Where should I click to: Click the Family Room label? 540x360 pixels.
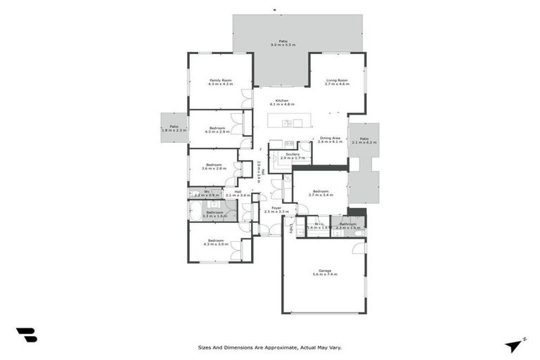coord(220,82)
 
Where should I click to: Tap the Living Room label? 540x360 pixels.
coord(337,82)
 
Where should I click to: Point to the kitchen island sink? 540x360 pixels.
coord(287,124)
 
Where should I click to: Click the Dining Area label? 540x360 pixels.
coord(330,139)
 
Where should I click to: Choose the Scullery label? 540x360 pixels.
coord(292,155)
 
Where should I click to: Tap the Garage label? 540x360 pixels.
coord(324,271)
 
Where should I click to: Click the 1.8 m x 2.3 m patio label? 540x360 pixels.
coord(173,128)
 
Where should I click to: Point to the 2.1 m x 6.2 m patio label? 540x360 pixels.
coord(364,141)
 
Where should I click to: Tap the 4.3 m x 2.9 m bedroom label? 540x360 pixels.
coord(217,129)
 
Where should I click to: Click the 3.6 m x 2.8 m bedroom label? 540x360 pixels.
coord(214,167)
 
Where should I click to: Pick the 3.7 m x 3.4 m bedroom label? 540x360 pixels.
coord(320,193)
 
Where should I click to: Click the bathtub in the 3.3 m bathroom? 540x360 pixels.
coord(195,211)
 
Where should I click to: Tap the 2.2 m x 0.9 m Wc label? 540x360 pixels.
coord(207,193)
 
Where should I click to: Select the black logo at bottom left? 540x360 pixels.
coord(26,335)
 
